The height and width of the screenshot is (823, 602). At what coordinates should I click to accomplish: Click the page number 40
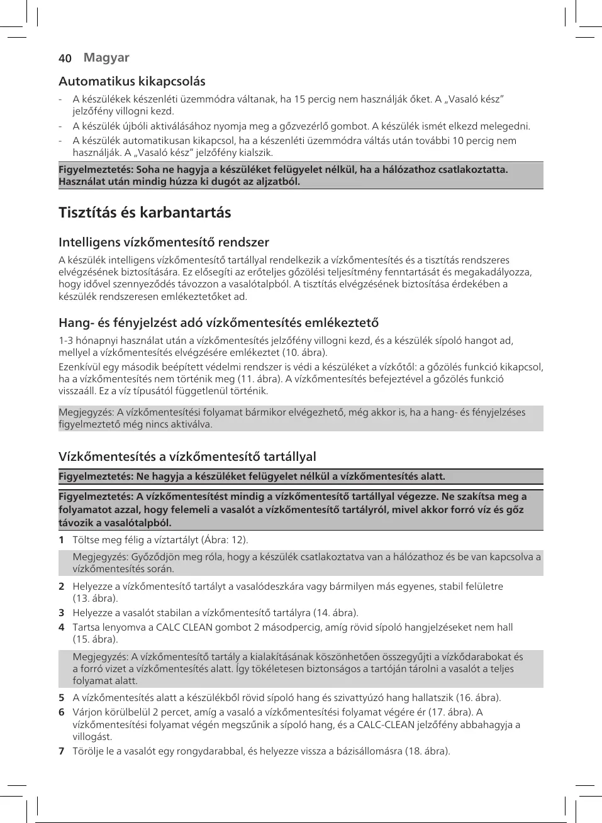(65, 58)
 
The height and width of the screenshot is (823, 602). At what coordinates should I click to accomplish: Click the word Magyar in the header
(106, 57)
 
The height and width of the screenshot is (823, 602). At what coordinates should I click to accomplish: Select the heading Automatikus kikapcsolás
(132, 81)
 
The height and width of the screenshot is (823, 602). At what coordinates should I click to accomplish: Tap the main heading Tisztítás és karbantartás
(145, 213)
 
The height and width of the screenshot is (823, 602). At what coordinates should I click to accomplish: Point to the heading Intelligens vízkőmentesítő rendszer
(164, 242)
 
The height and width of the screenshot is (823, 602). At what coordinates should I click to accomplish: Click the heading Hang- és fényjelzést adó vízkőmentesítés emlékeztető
(218, 323)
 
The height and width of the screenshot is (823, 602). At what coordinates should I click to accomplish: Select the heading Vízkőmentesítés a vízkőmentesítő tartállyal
(187, 456)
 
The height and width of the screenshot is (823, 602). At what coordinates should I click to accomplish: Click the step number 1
(62, 539)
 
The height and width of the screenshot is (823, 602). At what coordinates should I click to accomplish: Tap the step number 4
(62, 627)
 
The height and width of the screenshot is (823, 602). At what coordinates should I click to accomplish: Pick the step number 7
(62, 751)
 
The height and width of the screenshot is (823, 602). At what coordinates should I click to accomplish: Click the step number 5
(62, 697)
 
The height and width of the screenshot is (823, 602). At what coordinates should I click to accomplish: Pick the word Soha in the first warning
(148, 169)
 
